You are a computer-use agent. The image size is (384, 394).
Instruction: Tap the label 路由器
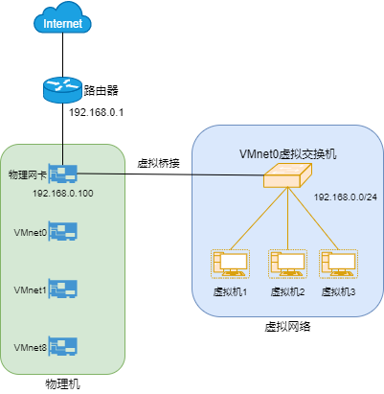click(x=102, y=91)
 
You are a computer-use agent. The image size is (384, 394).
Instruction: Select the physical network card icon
click(x=63, y=174)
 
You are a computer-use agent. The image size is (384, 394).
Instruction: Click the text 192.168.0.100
click(x=62, y=194)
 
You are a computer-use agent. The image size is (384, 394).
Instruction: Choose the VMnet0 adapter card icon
click(x=63, y=232)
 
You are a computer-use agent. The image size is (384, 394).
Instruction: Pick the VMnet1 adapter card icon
click(x=63, y=289)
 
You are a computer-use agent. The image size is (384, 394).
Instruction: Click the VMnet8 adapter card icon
click(x=63, y=344)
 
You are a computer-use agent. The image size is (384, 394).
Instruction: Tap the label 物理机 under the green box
click(x=63, y=383)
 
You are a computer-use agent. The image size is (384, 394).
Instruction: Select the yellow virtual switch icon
click(x=287, y=174)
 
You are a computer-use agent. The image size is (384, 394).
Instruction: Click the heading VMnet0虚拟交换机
click(x=287, y=153)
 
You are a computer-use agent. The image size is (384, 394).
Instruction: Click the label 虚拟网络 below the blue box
click(x=287, y=327)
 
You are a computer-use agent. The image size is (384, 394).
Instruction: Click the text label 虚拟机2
click(x=287, y=291)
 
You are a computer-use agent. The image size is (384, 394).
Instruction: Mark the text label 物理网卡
click(x=26, y=175)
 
